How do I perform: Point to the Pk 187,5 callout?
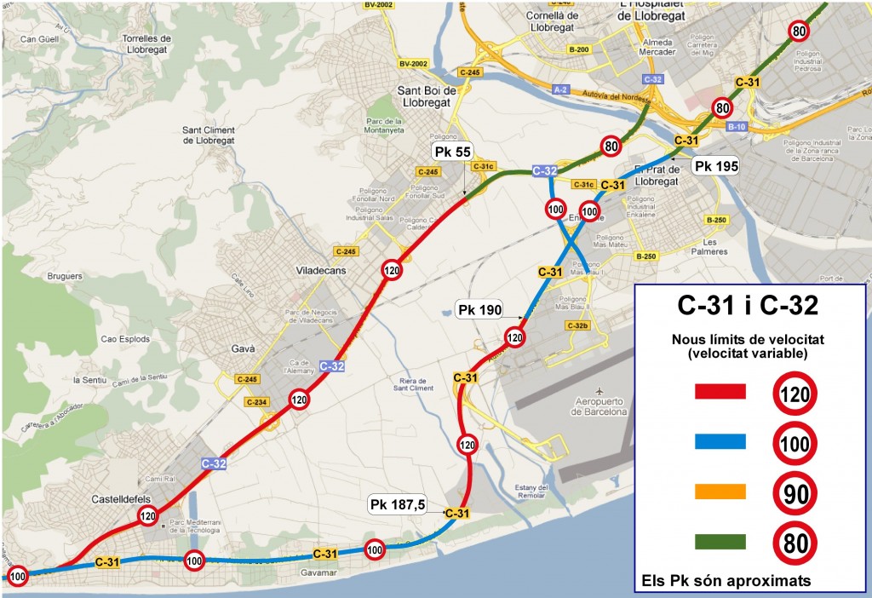[x=397, y=504]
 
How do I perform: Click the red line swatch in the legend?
[x=720, y=391]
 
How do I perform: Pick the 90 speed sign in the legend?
[x=795, y=492]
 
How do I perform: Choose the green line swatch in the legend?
[x=720, y=542]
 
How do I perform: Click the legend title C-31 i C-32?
[x=749, y=304]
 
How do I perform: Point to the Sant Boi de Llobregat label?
[x=428, y=95]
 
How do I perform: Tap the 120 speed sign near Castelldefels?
[x=148, y=515]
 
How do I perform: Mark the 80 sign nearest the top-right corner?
[x=798, y=32]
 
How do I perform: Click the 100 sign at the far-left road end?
[x=18, y=577]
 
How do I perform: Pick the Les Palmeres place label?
[x=721, y=246]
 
